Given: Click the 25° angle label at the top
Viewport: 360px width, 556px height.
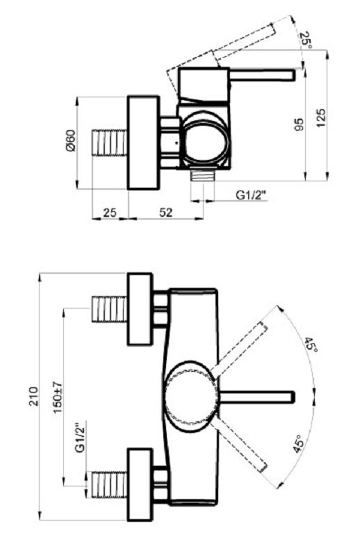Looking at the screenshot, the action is pyautogui.click(x=306, y=41).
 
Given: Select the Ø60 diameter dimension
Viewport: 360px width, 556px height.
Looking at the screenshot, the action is pyautogui.click(x=71, y=141).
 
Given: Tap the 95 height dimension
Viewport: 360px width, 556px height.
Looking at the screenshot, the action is pyautogui.click(x=299, y=124).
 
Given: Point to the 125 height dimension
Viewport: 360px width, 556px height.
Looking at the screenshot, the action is pyautogui.click(x=320, y=118).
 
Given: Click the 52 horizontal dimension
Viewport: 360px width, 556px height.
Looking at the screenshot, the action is pyautogui.click(x=165, y=213).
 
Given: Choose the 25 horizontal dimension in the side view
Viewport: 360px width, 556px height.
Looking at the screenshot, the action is pyautogui.click(x=110, y=213).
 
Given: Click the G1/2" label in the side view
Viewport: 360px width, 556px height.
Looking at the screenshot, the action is pyautogui.click(x=251, y=195).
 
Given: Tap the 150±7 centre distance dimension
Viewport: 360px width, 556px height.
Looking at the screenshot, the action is pyautogui.click(x=58, y=397).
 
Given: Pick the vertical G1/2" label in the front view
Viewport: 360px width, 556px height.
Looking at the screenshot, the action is pyautogui.click(x=81, y=436).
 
